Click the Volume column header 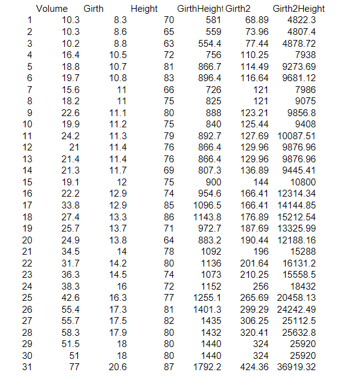point(52,9)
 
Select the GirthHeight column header point(200,9)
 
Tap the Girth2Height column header point(298,9)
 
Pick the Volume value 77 point(74,367)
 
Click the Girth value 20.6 point(118,367)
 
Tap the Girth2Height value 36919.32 point(296,367)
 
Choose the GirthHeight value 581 point(213,21)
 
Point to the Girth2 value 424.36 point(255,367)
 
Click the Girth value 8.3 point(120,21)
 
